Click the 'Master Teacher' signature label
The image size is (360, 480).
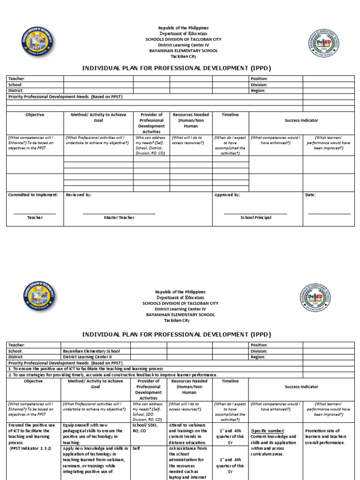pos(119,217)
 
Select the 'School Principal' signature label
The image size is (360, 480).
pos(255,217)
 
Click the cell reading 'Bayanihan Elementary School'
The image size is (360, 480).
pos(91,351)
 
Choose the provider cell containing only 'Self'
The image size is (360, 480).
pos(136,448)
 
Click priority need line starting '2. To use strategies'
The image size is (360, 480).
pos(112,375)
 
